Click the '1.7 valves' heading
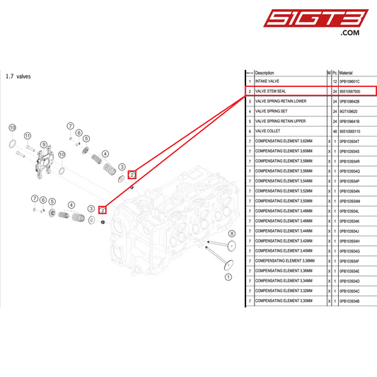[18, 76]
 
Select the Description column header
[265, 72]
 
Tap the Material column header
[346, 72]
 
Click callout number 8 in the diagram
[231, 233]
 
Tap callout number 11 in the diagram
[28, 136]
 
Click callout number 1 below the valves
[226, 278]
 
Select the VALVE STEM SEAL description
[270, 91]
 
